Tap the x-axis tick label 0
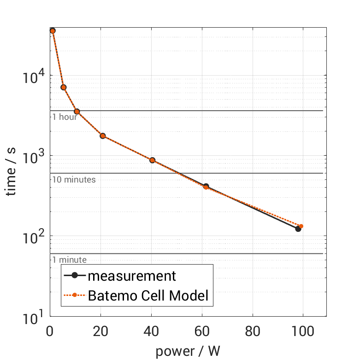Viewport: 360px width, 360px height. [x=50, y=331]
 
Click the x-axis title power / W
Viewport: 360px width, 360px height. [x=188, y=351]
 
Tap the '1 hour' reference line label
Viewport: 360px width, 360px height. [x=65, y=117]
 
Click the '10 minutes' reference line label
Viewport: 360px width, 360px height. [x=74, y=180]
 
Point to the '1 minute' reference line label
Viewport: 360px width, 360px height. [x=69, y=260]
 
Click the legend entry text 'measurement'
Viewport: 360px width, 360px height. [x=132, y=276]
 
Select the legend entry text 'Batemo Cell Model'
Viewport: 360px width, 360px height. [x=148, y=295]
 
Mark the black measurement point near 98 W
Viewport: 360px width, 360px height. [x=298, y=229]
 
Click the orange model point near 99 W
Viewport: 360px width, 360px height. [x=301, y=226]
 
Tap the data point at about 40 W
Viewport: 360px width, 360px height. [x=152, y=160]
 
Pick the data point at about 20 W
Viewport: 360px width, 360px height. [x=103, y=136]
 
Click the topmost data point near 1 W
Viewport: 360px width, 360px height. [x=53, y=31]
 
